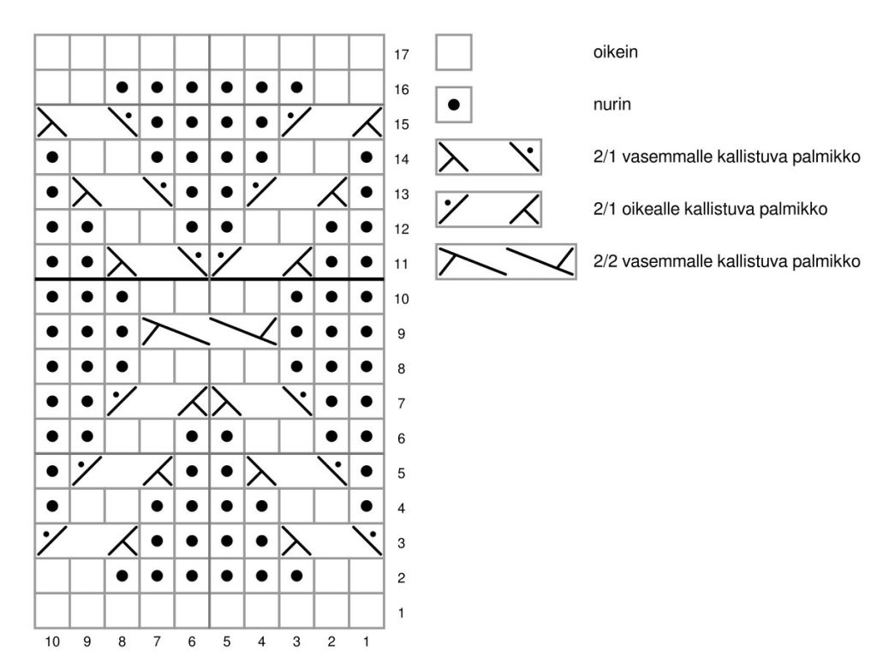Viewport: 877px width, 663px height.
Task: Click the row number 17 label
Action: [402, 55]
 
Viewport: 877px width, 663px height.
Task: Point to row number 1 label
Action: [402, 613]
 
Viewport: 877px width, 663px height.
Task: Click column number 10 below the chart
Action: [52, 641]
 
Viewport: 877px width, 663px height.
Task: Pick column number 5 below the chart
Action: [227, 641]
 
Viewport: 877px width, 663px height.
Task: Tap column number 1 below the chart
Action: [367, 641]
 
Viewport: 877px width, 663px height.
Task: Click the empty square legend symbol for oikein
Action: [454, 51]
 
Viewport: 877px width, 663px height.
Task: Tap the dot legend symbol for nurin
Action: [454, 105]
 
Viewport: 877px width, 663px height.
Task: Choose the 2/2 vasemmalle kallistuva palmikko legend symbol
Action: [505, 261]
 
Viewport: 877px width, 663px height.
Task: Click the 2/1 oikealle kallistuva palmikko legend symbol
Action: [488, 209]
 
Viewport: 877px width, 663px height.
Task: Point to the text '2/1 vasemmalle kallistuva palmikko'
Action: [726, 157]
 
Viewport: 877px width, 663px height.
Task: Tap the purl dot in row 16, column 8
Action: [122, 87]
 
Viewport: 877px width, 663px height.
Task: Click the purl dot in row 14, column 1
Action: [367, 157]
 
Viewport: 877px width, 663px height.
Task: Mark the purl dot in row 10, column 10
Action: [52, 296]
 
